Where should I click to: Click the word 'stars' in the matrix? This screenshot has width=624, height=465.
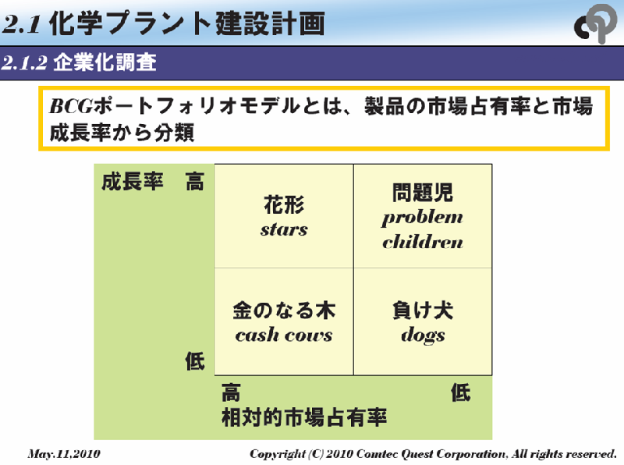pos(284,230)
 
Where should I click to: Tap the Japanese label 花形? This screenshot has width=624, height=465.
pos(284,205)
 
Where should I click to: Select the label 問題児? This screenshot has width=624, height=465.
pos(423,192)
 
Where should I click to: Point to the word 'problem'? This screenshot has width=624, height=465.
pos(423,218)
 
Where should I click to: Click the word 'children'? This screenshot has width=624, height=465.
pos(423,242)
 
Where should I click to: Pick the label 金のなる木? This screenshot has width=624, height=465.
pos(284,311)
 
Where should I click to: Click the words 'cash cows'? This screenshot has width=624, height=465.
pos(284,335)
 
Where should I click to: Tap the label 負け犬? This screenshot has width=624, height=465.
pos(423,311)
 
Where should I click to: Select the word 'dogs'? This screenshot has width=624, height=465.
pos(423,335)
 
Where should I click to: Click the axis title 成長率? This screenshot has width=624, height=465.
pos(133,183)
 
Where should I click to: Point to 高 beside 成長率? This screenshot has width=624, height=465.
pos(194,183)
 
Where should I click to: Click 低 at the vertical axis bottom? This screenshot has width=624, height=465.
pos(194,361)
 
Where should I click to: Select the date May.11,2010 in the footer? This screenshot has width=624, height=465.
pos(64,453)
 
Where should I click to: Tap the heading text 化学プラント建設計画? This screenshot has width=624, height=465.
pos(186,23)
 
